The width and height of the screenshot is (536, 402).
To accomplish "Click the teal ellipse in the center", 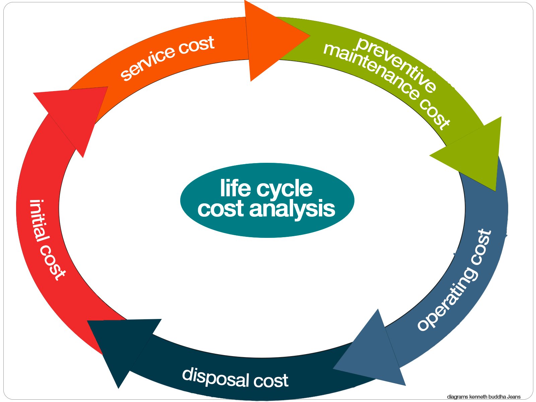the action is point(267,200).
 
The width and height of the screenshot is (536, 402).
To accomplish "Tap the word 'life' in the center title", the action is point(236,188).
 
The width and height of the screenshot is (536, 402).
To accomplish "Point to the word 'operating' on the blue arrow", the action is point(447,299).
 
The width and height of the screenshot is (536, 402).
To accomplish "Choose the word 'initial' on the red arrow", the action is point(39,221).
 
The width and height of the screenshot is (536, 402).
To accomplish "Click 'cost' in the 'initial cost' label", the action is point(52,263).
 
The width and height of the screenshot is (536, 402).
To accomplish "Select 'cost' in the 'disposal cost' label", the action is point(271,381).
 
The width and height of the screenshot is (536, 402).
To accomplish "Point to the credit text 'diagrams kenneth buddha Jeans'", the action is point(484,397).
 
